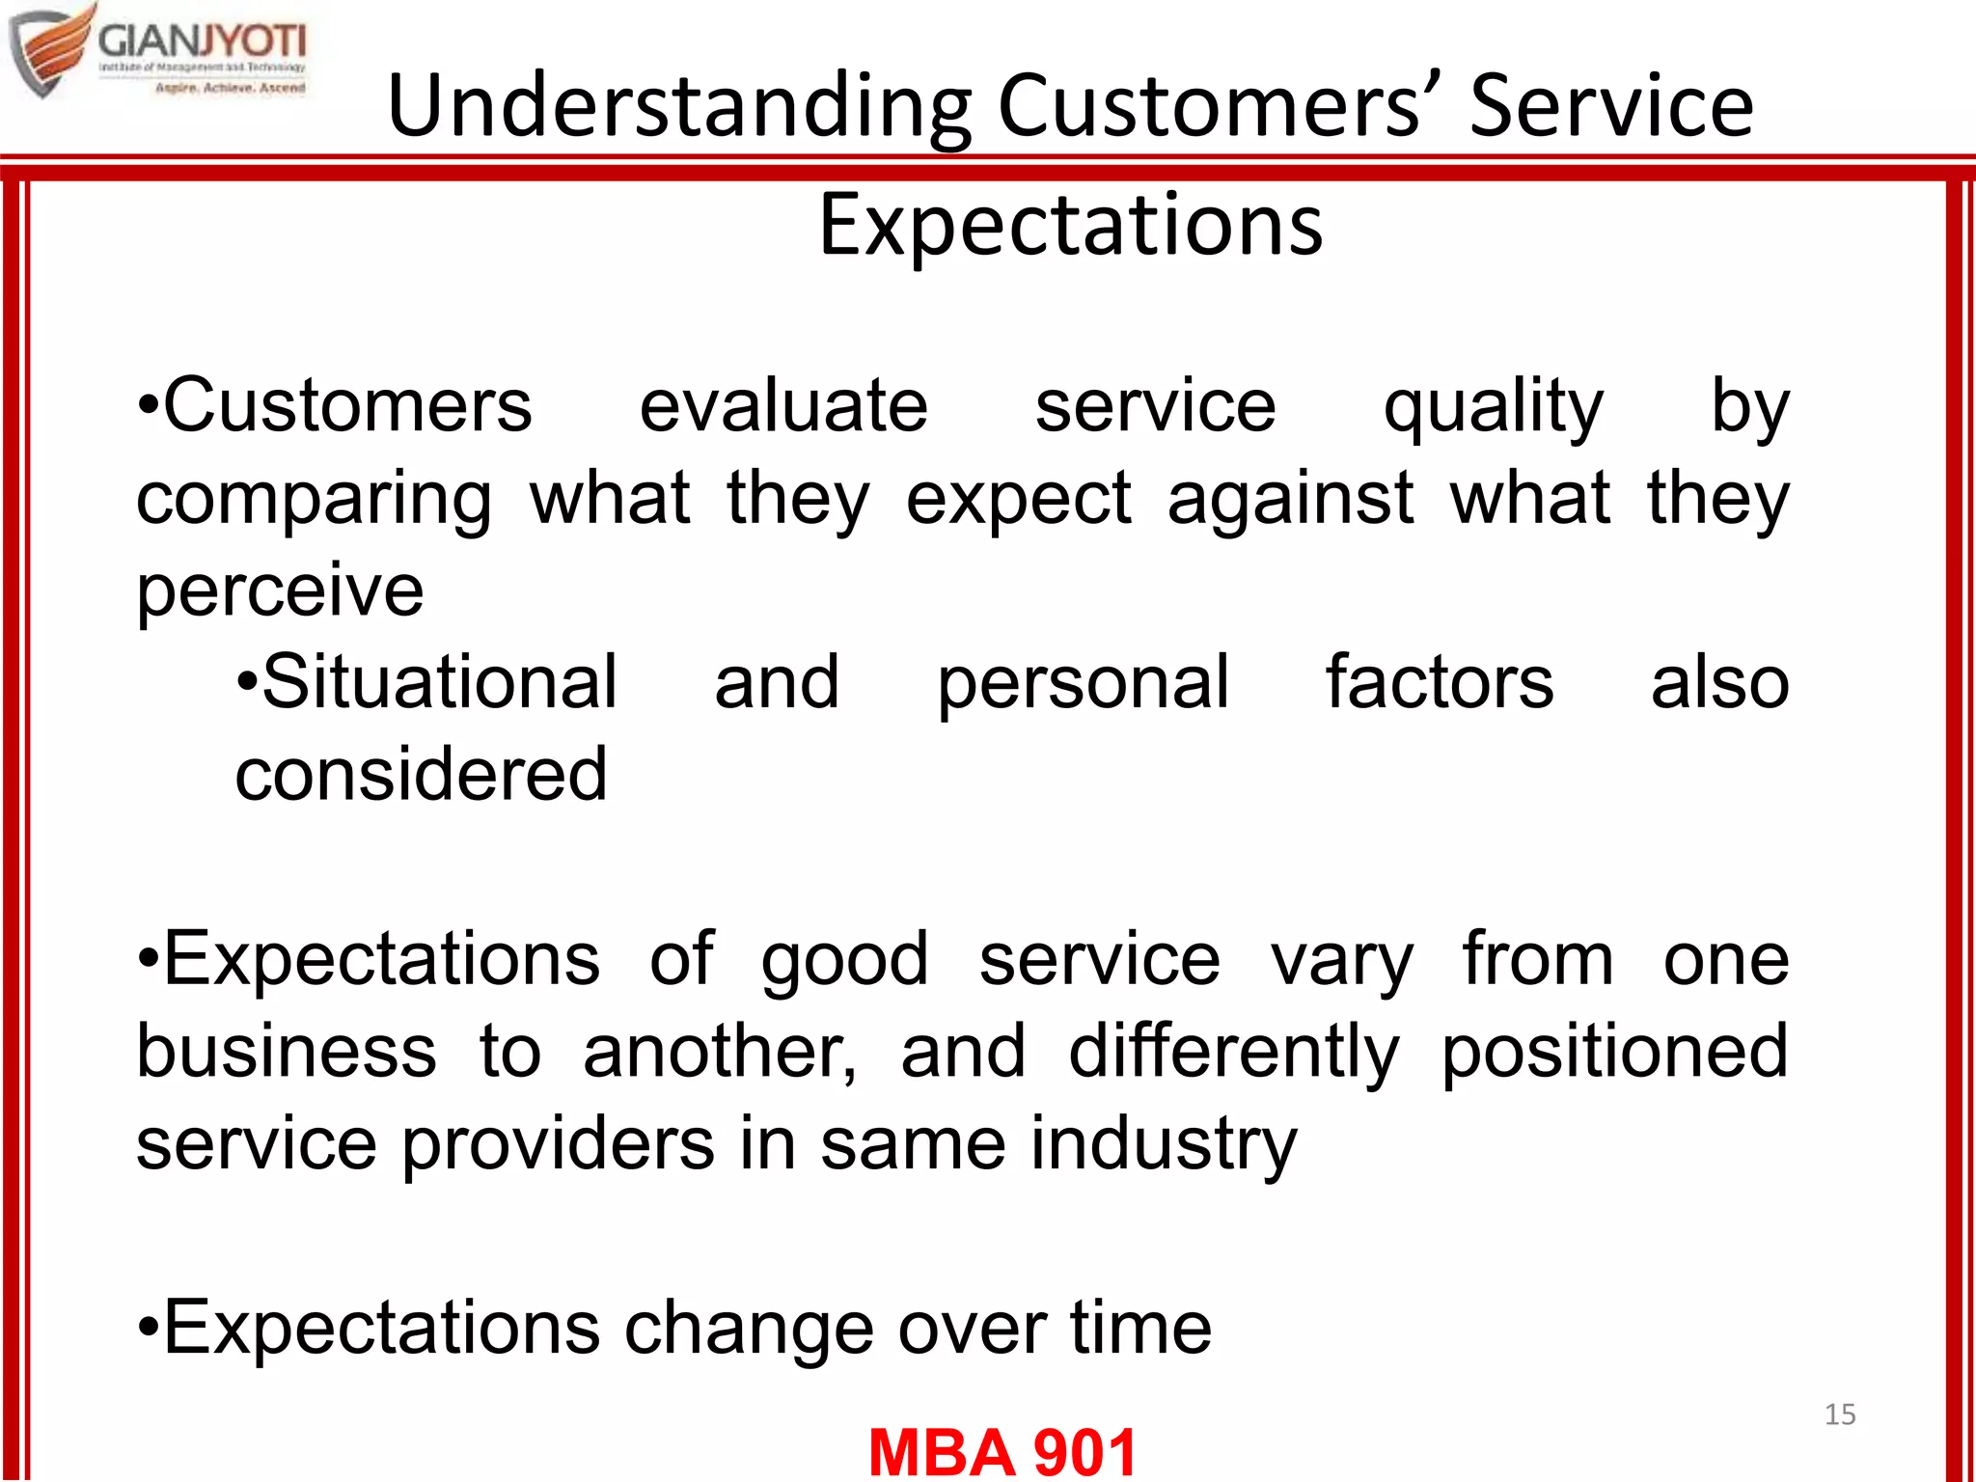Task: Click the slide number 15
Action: pos(1840,1414)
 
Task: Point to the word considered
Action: pos(421,774)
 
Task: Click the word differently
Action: pos(1233,1053)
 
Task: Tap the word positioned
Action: pos(1614,1053)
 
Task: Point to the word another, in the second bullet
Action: pos(719,1053)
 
